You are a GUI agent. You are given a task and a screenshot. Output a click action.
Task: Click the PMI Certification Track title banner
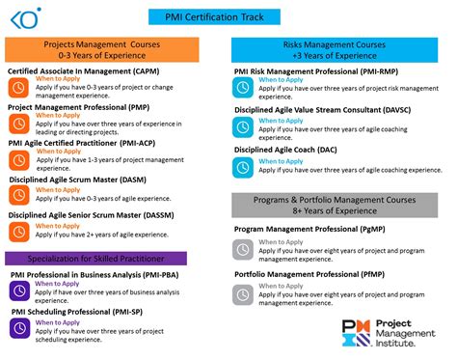point(228,15)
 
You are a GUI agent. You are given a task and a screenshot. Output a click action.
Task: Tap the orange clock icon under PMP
point(19,124)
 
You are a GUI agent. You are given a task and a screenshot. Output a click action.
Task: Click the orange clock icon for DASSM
point(19,232)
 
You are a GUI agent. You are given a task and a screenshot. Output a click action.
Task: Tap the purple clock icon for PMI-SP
point(19,328)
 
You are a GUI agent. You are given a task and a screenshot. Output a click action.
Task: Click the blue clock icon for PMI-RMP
point(244,88)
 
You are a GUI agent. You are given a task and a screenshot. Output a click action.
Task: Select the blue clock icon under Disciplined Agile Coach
point(244,166)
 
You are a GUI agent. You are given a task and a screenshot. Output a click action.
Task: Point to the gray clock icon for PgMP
point(244,248)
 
